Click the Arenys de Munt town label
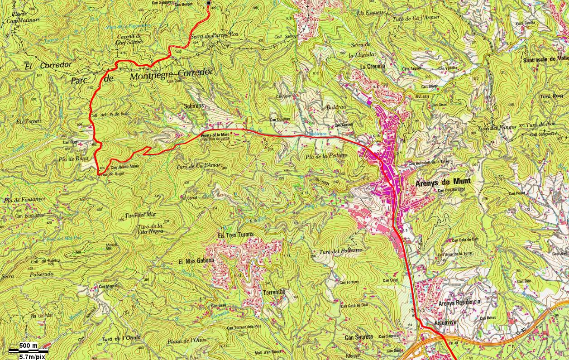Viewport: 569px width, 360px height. click(443, 181)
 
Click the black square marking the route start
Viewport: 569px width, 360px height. click(209, 4)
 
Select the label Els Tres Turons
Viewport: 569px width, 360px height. click(235, 235)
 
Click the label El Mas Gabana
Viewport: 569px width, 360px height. click(196, 261)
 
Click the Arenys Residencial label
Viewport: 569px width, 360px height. click(460, 302)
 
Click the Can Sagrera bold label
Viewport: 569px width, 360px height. click(359, 337)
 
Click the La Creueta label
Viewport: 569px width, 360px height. click(372, 66)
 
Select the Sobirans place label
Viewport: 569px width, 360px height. click(194, 105)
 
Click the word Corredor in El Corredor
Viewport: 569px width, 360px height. click(56, 65)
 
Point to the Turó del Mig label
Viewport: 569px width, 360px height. click(137, 215)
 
